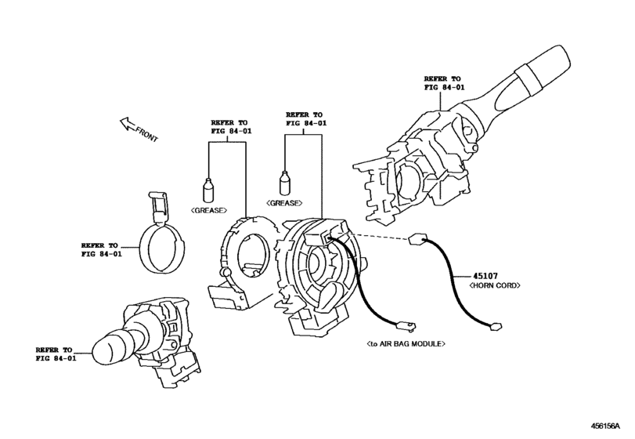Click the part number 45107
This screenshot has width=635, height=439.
click(485, 276)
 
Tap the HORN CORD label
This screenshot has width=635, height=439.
click(495, 285)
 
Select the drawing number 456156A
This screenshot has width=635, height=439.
click(605, 426)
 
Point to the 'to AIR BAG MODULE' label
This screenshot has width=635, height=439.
click(406, 343)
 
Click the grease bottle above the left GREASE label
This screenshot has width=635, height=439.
click(208, 190)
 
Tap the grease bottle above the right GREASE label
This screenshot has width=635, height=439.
click(285, 183)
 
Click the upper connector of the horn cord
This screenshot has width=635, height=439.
click(417, 239)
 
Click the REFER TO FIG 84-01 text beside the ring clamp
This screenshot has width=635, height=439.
click(101, 250)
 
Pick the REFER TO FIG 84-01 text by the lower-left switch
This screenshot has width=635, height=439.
click(56, 354)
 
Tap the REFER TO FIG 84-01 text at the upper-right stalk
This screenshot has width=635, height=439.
click(444, 82)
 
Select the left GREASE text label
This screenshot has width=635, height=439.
click(209, 210)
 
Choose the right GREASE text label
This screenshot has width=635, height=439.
click(284, 203)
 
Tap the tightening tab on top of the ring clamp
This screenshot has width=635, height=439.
click(158, 207)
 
